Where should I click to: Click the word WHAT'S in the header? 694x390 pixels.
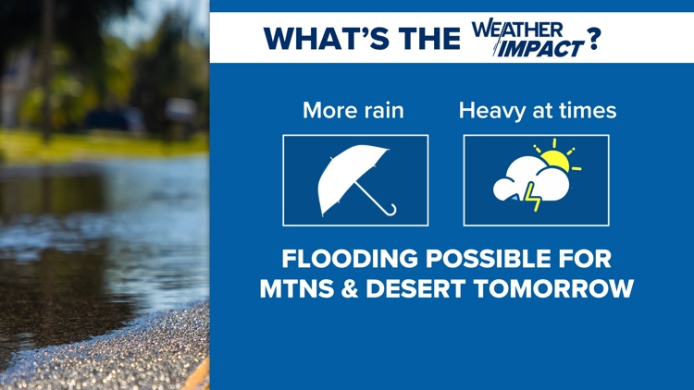click(x=327, y=39)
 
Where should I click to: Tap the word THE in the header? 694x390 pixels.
click(x=429, y=39)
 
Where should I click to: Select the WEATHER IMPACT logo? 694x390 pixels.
click(x=527, y=38)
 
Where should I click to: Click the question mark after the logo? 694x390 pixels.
click(x=593, y=39)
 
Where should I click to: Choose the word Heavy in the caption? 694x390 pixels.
click(x=492, y=111)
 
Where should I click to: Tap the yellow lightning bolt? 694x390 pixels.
click(x=532, y=197)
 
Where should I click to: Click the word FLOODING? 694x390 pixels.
click(x=350, y=259)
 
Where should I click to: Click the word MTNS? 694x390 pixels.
click(x=296, y=288)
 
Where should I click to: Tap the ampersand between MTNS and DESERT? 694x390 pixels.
click(x=350, y=288)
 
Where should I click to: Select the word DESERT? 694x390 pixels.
click(x=415, y=288)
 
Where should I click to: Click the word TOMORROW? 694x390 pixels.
click(x=553, y=288)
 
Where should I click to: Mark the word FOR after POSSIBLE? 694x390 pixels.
click(x=586, y=259)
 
